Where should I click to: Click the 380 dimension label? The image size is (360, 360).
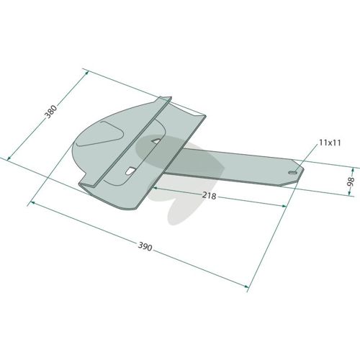51,112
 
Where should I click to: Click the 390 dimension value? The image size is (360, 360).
145,246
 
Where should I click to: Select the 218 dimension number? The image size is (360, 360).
209,196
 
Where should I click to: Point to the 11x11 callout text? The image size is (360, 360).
330,143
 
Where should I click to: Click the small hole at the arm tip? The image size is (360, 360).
292,172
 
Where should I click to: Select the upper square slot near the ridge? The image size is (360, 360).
156,141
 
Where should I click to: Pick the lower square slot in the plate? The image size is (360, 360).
130,171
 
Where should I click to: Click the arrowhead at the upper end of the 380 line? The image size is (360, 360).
86,73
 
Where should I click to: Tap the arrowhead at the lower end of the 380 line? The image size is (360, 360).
9,158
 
